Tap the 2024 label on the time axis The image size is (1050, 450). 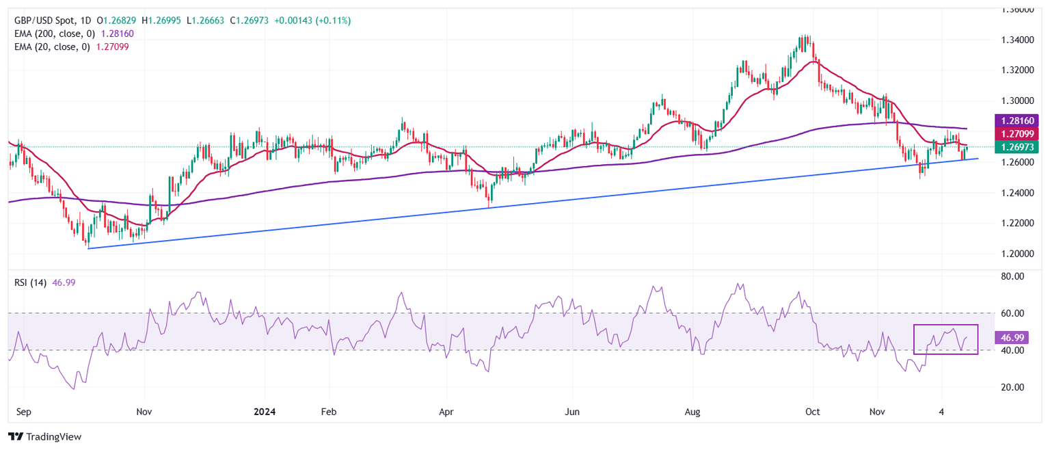click(x=265, y=412)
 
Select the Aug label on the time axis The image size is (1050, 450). click(x=692, y=412)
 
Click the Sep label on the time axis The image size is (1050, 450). click(x=24, y=412)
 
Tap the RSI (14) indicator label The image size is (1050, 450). click(x=31, y=282)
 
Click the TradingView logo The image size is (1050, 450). click(x=44, y=436)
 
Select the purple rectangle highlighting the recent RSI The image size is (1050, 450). click(x=946, y=326)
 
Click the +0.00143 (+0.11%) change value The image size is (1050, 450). click(x=312, y=21)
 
